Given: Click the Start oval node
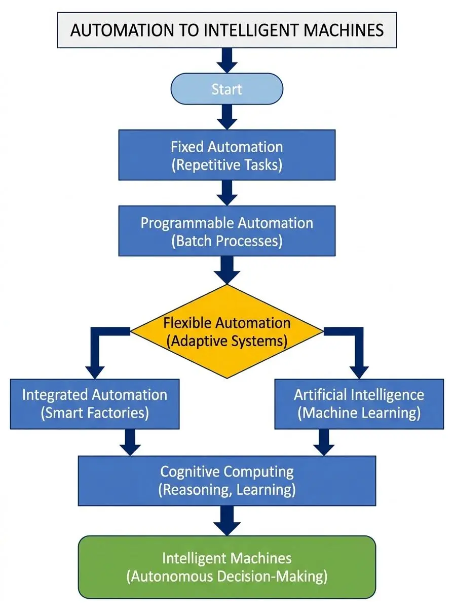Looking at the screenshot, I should pyautogui.click(x=226, y=89).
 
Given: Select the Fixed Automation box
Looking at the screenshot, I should pyautogui.click(x=226, y=155).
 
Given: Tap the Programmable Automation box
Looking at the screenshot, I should pyautogui.click(x=226, y=231).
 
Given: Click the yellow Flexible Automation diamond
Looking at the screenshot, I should pyautogui.click(x=226, y=331).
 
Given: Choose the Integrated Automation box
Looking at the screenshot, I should pyautogui.click(x=94, y=403).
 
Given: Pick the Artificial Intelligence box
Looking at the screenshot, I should pyautogui.click(x=359, y=403).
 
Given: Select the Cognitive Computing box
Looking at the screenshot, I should pyautogui.click(x=226, y=481).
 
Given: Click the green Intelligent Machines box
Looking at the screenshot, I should pyautogui.click(x=226, y=567).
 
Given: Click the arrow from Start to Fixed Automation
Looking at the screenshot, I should pyautogui.click(x=226, y=117).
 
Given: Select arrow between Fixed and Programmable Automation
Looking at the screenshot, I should pyautogui.click(x=226, y=193).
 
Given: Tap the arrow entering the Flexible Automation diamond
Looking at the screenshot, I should pyautogui.click(x=226, y=269).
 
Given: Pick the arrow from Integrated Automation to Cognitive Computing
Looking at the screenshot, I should pyautogui.click(x=130, y=442).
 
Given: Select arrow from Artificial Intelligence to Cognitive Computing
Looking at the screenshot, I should pyautogui.click(x=324, y=442).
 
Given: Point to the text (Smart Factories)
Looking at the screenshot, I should pyautogui.click(x=94, y=413).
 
